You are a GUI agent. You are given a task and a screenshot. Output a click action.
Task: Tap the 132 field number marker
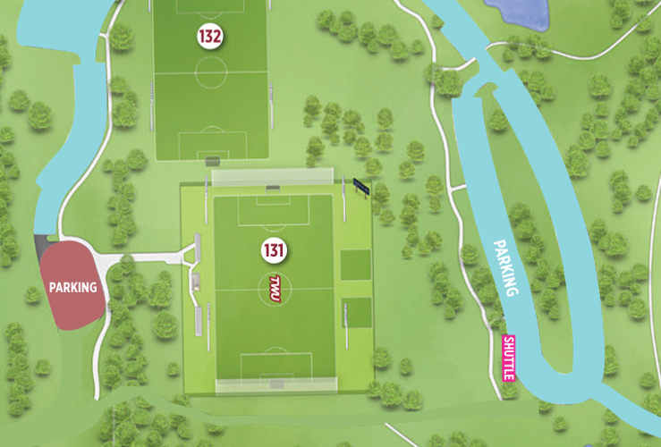(210, 37)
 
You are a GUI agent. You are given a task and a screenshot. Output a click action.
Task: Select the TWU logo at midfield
(275, 287)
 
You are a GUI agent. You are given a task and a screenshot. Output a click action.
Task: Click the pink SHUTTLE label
(510, 358)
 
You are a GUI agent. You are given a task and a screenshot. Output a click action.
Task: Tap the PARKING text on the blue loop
(506, 267)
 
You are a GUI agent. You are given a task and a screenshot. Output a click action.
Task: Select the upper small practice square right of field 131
(356, 265)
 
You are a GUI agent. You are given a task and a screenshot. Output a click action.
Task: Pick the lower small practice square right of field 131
(356, 312)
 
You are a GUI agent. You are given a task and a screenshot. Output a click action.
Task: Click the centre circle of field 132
(211, 73)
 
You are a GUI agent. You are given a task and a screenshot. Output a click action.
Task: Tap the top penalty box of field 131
(273, 211)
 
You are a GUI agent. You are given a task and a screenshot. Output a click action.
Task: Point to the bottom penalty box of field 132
(211, 144)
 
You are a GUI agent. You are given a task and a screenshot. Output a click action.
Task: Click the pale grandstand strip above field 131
(272, 178)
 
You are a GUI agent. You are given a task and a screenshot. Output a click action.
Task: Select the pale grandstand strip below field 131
(276, 385)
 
